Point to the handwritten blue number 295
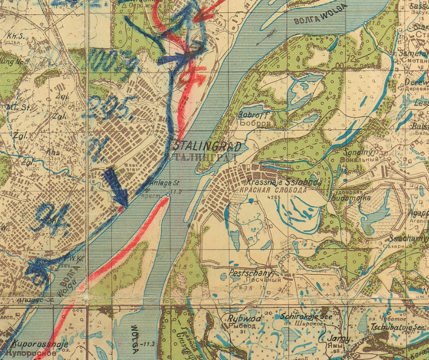click(112, 107)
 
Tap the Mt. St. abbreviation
click(12, 107)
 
